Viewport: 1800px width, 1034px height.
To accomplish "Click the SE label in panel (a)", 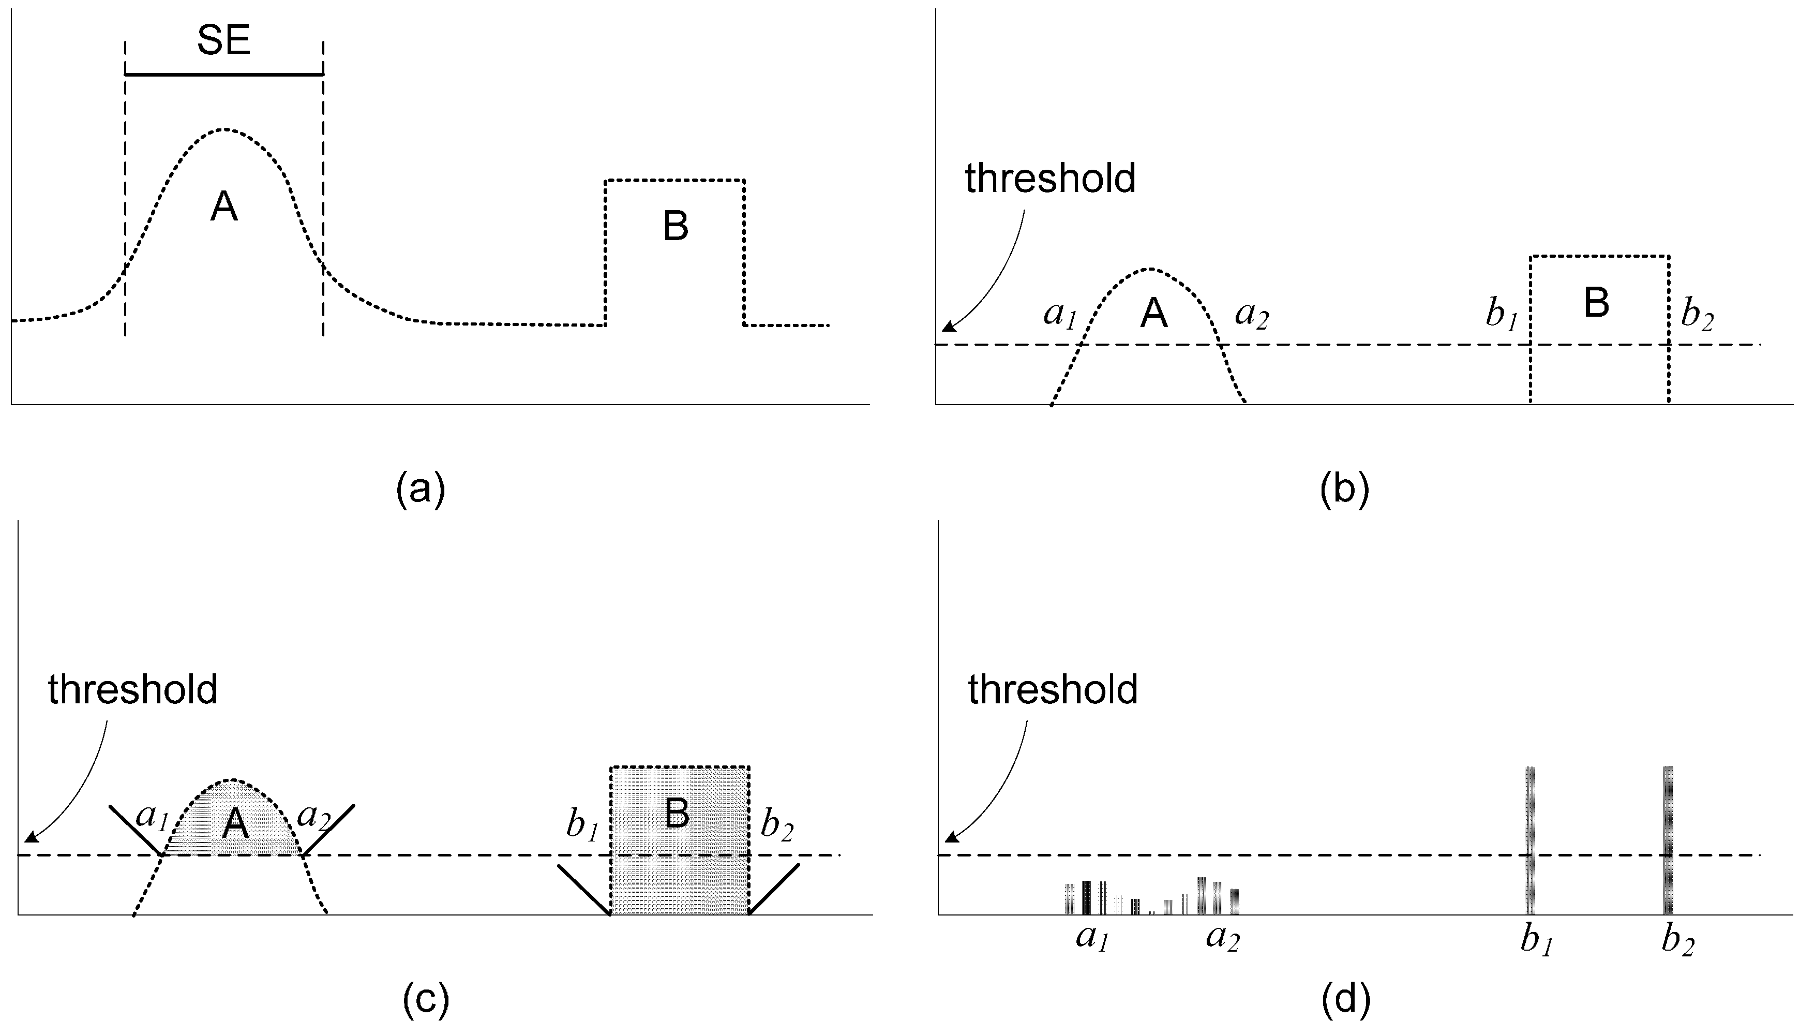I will tap(223, 41).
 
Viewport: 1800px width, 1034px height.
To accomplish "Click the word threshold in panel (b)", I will tap(1050, 178).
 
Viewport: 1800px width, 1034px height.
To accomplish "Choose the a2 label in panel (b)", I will tap(1251, 315).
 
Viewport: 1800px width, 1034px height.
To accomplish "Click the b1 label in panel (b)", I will tap(1501, 315).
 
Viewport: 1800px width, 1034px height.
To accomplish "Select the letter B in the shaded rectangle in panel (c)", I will tap(677, 814).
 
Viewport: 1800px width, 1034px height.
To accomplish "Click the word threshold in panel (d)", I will tap(1053, 689).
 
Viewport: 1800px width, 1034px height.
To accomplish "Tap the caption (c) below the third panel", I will tap(426, 1000).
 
